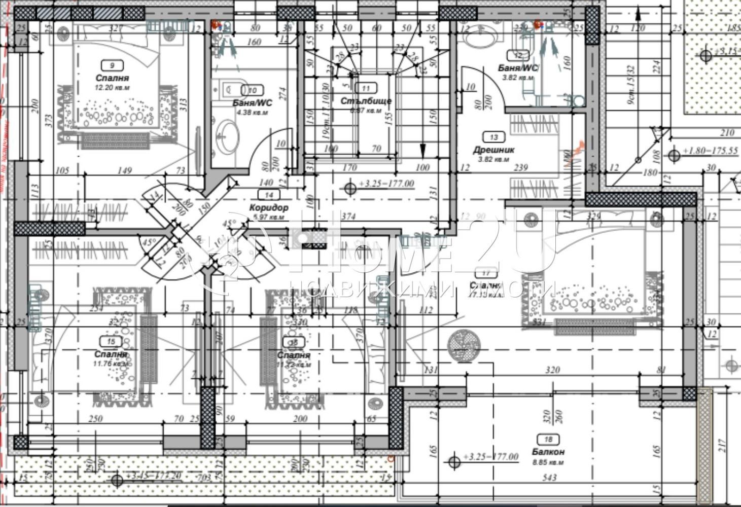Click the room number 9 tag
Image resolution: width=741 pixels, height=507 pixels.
point(111,65)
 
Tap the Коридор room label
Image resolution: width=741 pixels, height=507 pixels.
point(269,207)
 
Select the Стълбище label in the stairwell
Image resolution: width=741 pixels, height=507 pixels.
point(366,101)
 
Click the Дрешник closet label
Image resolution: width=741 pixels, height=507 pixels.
point(493,150)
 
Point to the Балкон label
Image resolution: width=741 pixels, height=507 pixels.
point(548,451)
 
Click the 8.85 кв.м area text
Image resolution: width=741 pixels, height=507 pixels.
point(548,462)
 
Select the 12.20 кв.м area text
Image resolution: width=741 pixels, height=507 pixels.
point(112,87)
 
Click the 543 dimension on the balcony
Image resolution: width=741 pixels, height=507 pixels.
point(549,477)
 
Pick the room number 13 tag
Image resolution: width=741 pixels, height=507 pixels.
point(493,137)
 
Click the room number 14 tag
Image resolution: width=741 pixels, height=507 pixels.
point(269,195)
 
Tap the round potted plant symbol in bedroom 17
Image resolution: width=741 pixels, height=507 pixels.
point(463,344)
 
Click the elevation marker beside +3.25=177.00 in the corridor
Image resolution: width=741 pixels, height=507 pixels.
point(350,189)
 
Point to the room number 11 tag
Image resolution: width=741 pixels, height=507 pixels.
point(366,88)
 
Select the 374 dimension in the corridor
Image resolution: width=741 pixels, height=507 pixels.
point(348,216)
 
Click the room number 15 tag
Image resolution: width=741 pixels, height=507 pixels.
point(111,342)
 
